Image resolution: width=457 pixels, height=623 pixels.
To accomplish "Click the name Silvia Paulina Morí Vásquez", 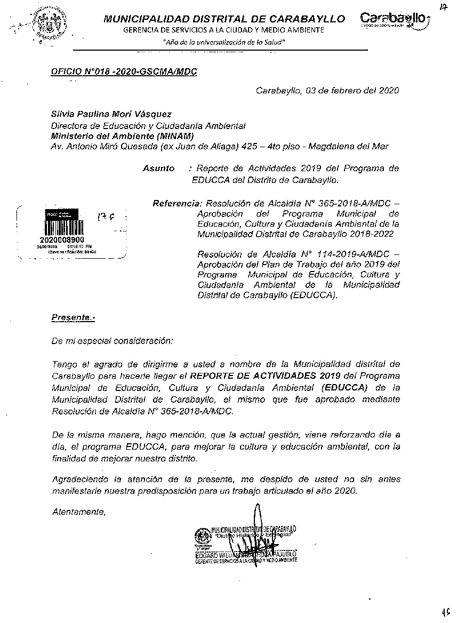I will pos(111,114).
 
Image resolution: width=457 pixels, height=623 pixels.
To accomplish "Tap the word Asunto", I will pos(158,168).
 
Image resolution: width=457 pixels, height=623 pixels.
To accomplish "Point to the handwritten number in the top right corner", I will pos(444,7).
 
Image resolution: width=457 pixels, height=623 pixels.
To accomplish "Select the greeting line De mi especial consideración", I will pos(113,340).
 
